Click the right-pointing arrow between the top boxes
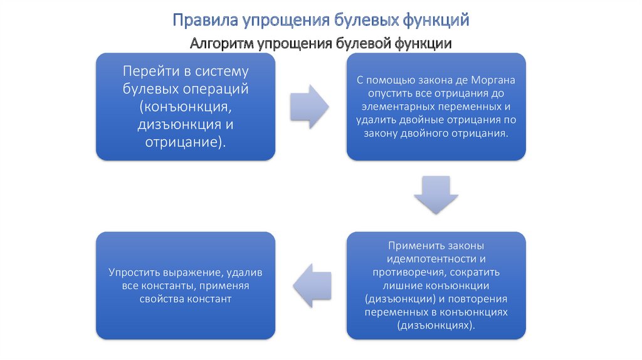[310, 105]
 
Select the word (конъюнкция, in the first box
[185, 106]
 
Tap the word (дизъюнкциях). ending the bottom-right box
[436, 326]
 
